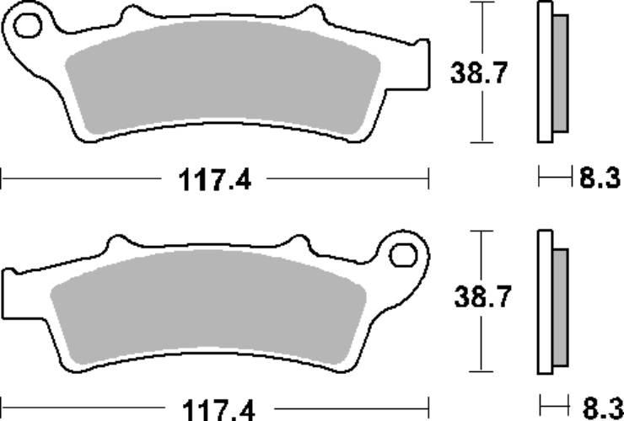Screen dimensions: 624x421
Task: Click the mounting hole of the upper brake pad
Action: (x=28, y=26)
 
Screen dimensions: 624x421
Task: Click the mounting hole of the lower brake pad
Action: (x=403, y=255)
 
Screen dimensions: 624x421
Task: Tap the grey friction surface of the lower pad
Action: (x=208, y=306)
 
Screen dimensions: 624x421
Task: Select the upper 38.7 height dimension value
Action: (x=479, y=73)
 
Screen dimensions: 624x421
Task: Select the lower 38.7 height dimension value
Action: (x=482, y=296)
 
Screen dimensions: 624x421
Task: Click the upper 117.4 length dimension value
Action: (x=215, y=180)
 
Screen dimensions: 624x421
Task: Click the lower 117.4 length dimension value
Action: (x=218, y=410)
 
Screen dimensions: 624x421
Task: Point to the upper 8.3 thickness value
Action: (x=600, y=178)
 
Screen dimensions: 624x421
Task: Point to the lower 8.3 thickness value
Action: (x=603, y=408)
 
